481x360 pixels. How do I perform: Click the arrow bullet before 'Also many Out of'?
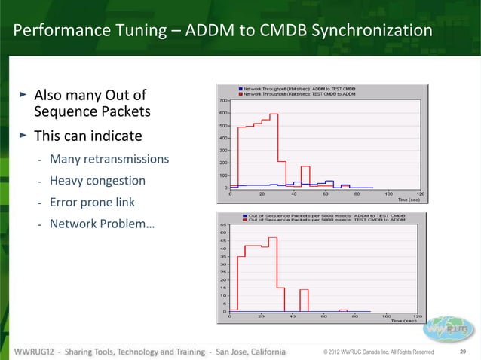coord(23,96)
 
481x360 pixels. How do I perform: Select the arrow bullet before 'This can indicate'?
coord(23,136)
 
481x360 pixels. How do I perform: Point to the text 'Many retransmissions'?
coord(109,160)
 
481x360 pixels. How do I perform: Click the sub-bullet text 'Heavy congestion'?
coord(97,181)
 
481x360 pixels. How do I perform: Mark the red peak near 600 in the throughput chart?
coord(274,114)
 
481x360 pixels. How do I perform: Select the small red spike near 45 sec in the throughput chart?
coord(305,167)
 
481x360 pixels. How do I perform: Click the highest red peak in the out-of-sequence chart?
coord(273,239)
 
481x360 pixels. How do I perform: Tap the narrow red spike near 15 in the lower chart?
coord(303,290)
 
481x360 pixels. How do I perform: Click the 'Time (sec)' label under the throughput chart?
coord(407,200)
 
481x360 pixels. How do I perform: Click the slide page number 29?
coord(463,352)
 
